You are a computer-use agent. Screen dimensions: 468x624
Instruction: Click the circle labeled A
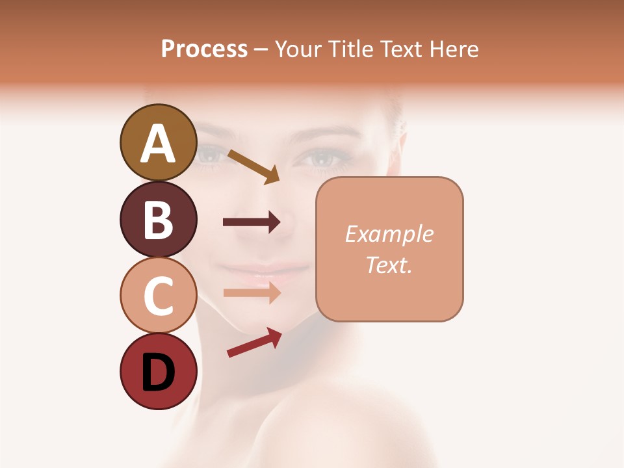pos(158,142)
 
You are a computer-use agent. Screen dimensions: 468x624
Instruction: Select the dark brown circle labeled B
pos(158,219)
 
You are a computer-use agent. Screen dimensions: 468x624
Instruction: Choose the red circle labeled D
pos(158,372)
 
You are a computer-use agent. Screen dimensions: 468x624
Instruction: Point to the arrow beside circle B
pos(252,222)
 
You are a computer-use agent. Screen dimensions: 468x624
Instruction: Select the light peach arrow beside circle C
pos(252,292)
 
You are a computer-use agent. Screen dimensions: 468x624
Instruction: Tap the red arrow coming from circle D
pos(254,342)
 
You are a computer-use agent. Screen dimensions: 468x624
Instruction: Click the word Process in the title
pos(204,49)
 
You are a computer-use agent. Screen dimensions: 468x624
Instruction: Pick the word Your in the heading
pos(296,49)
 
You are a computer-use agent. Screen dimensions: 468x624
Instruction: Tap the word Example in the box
pos(389,234)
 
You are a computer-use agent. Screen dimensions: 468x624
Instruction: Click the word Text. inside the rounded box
pos(389,265)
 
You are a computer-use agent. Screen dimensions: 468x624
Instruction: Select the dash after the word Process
pos(261,49)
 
